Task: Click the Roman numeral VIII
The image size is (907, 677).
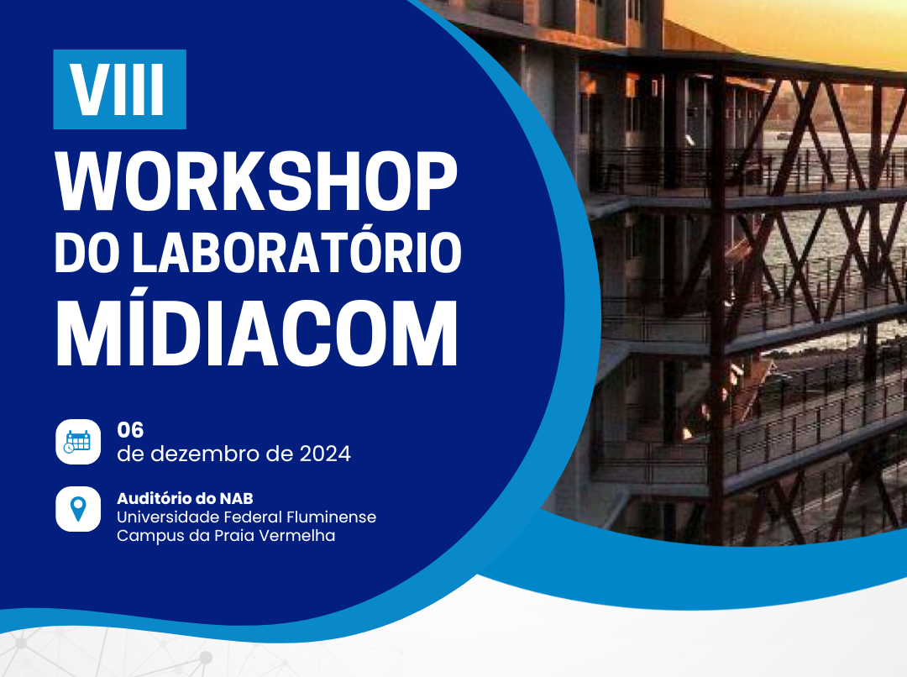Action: tap(118, 90)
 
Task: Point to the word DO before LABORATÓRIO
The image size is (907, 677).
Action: tap(87, 252)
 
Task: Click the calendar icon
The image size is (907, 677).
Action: tap(78, 442)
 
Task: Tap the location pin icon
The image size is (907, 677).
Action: tap(78, 509)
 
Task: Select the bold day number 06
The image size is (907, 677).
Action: tap(130, 430)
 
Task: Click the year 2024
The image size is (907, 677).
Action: tap(325, 454)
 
